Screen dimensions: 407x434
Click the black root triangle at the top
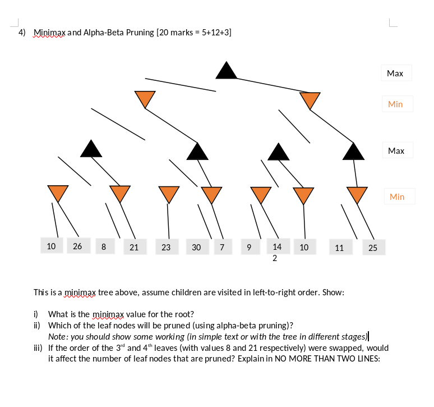[227, 71]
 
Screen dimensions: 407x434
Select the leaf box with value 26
[78, 246]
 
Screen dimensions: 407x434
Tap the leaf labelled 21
[134, 247]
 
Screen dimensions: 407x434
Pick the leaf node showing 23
[166, 247]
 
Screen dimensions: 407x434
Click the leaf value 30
[196, 247]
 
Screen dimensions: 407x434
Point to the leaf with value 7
[222, 247]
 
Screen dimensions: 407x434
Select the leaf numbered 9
[248, 247]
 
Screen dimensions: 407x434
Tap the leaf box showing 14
[277, 246]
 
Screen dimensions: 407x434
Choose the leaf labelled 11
[339, 248]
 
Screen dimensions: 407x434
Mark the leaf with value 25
[373, 248]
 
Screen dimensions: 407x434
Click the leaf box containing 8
[104, 246]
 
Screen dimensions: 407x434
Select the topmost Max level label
[395, 74]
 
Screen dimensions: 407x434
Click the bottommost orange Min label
[396, 196]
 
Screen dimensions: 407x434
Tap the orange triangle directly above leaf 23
[168, 193]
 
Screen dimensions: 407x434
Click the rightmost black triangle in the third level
[353, 151]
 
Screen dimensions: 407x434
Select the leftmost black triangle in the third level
[91, 148]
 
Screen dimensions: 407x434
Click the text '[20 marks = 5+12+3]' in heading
[194, 33]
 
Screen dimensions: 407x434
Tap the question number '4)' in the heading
[22, 33]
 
